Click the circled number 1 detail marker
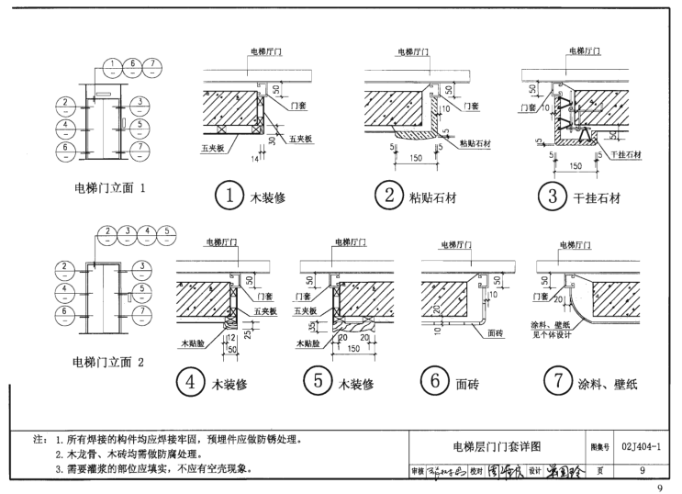[x=229, y=195]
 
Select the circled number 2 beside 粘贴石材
[x=389, y=195]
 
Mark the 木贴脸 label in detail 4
[x=192, y=342]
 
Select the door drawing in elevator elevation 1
[x=105, y=125]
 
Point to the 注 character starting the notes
[x=37, y=440]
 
